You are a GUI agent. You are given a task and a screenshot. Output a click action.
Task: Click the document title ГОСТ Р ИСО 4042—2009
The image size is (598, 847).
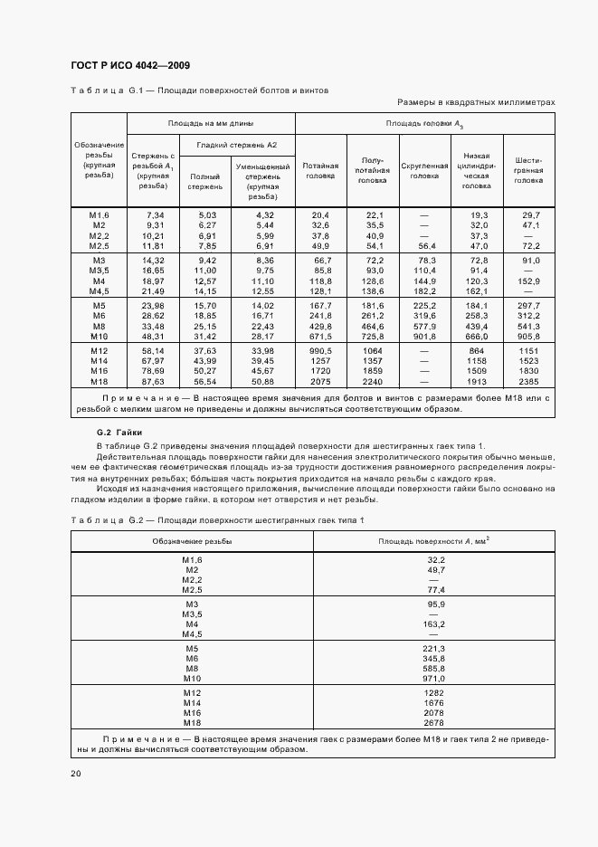pyautogui.click(x=129, y=65)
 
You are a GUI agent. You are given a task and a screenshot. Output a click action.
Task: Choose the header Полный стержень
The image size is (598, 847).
pyautogui.click(x=204, y=180)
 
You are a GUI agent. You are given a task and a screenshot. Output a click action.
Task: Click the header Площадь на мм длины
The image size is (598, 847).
pyautogui.click(x=210, y=122)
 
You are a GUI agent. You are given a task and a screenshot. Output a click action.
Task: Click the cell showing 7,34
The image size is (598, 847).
pyautogui.click(x=154, y=214)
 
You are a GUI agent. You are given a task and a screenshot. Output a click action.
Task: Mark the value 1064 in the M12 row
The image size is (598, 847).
pyautogui.click(x=375, y=349)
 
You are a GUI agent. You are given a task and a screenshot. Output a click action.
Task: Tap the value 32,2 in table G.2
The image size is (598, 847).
pyautogui.click(x=437, y=561)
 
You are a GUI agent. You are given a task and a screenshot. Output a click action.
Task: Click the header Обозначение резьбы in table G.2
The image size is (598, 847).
pyautogui.click(x=192, y=540)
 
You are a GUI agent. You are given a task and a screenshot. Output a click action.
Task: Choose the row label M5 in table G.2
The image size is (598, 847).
pyautogui.click(x=192, y=648)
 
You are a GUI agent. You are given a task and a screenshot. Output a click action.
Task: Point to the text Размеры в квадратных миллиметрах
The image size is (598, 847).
pyautogui.click(x=476, y=103)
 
